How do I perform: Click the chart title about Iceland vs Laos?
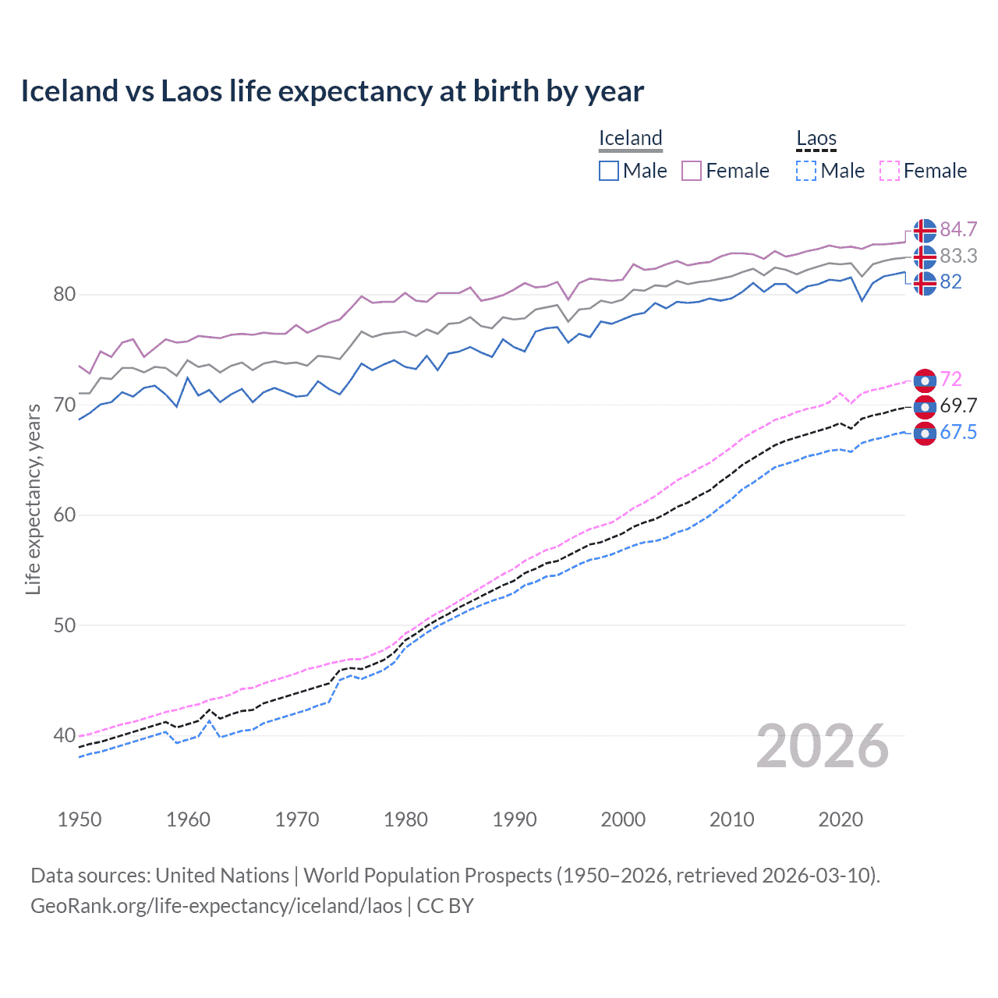point(332,91)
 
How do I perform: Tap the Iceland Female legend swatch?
point(692,171)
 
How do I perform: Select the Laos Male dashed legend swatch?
point(806,171)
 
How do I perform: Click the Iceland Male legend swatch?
point(609,171)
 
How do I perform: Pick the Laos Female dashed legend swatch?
point(890,171)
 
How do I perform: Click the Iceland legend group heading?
point(630,138)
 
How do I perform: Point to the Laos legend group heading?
point(816,138)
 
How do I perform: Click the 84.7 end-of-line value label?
point(958,229)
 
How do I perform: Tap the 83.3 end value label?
point(958,256)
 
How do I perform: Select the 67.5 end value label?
point(958,433)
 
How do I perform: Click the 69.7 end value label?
point(958,405)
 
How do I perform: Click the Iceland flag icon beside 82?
point(925,283)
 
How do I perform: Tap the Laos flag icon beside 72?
point(925,380)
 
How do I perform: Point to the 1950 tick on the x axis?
point(80,819)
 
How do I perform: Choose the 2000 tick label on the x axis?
point(623,819)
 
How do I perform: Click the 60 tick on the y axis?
point(64,515)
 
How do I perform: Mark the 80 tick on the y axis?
point(64,295)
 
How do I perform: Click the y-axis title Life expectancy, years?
point(33,499)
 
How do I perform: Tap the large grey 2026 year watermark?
point(823,746)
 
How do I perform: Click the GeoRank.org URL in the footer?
point(216,906)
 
